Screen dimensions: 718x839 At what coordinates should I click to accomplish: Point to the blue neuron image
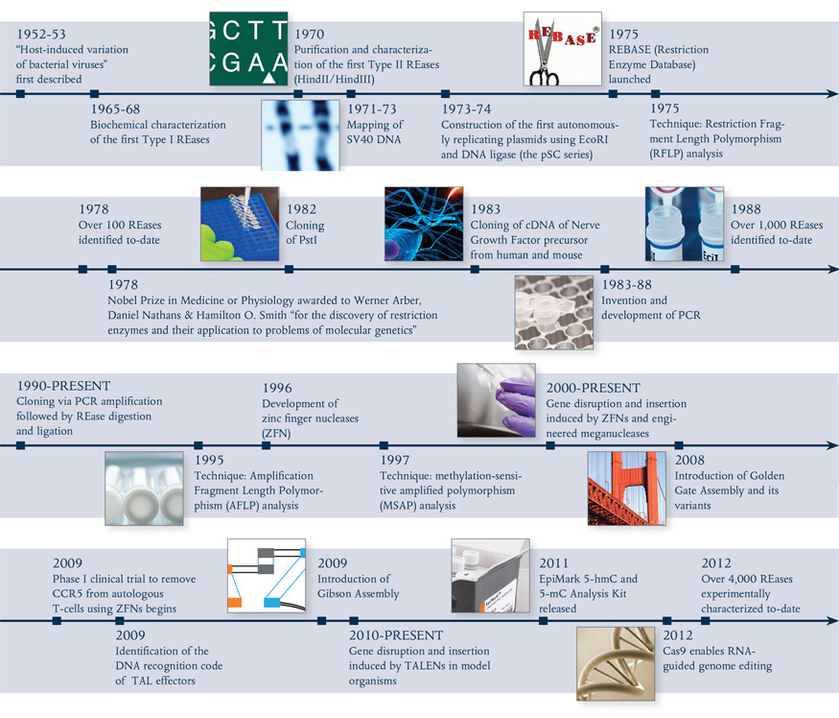point(424,223)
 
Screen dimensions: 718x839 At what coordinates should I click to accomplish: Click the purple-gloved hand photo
point(498,401)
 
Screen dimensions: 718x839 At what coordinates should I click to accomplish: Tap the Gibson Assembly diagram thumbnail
point(266,576)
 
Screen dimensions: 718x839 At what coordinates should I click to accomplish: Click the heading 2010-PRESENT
point(396,635)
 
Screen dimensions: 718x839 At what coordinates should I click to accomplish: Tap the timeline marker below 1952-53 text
point(20,93)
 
